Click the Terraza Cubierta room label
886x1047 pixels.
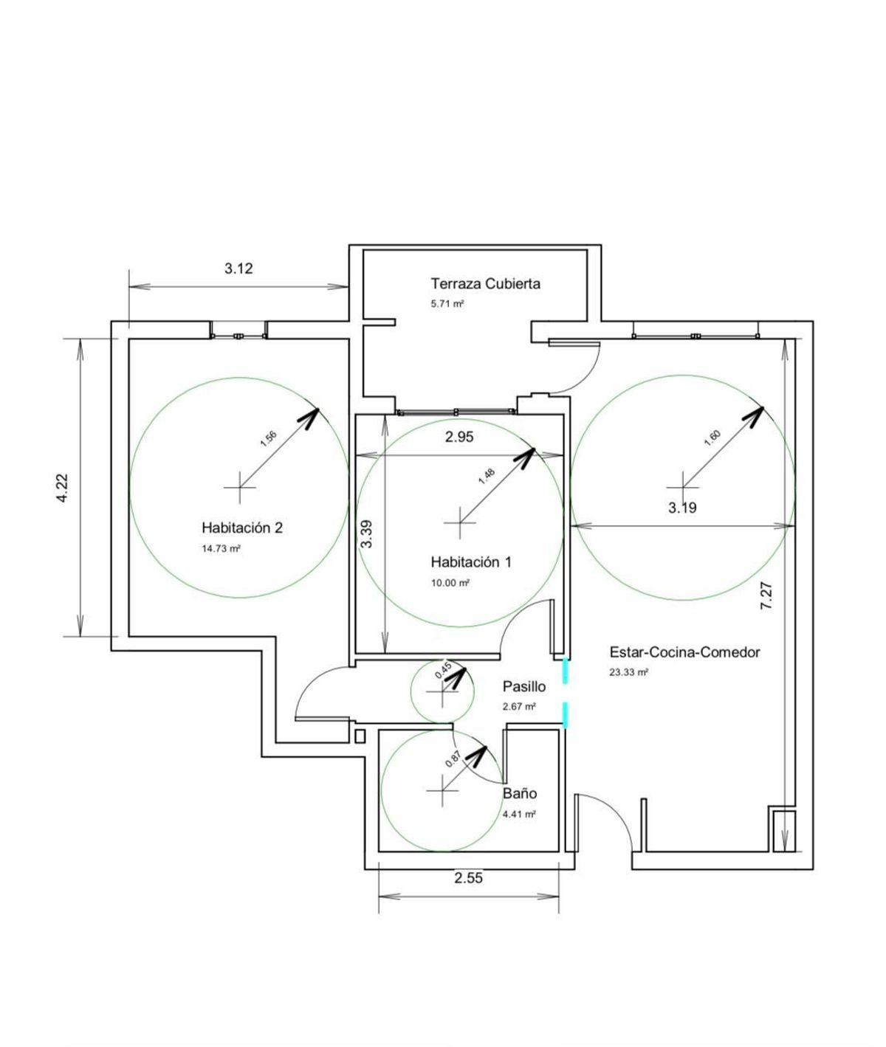click(485, 283)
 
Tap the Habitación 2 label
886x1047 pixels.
click(241, 528)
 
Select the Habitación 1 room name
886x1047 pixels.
click(471, 561)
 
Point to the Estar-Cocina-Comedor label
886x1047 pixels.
click(684, 652)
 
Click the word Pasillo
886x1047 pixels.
click(524, 686)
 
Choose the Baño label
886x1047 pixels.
click(520, 793)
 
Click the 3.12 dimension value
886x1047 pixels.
click(238, 268)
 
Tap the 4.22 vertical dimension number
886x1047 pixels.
click(62, 488)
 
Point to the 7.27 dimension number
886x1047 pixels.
click(766, 595)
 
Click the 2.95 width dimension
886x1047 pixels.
click(459, 437)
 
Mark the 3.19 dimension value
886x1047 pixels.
click(682, 508)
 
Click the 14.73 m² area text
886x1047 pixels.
click(221, 548)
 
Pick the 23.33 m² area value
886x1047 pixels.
click(629, 672)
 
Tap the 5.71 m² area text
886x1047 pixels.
click(447, 304)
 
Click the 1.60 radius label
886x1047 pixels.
click(712, 438)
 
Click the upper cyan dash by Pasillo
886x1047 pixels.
click(565, 671)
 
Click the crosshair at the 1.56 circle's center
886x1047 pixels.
click(240, 488)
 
